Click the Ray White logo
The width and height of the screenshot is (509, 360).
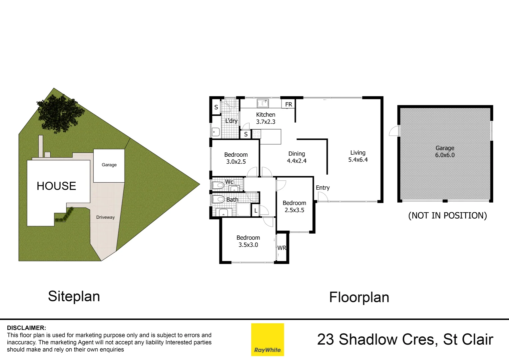point(267,339)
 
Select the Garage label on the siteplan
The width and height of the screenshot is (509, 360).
point(109,165)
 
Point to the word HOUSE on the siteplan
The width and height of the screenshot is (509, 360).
point(56,186)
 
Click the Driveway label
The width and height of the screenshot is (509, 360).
point(105,217)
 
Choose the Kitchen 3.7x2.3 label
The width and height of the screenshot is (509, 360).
point(265,118)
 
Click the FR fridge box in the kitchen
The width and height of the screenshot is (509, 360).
point(288,104)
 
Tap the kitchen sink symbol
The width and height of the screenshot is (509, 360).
point(263,103)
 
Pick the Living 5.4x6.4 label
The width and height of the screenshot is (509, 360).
point(358,156)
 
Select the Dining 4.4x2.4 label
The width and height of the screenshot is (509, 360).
point(296,157)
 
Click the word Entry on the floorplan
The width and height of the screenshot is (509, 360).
point(322,188)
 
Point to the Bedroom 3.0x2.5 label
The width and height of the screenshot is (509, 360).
point(236,158)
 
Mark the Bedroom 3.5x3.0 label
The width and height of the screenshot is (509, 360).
point(248,241)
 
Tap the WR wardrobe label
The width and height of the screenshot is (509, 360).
point(281,248)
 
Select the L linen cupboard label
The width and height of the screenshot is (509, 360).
point(255,211)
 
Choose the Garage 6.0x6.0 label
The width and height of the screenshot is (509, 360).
point(445,151)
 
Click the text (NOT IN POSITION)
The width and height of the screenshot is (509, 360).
point(447,216)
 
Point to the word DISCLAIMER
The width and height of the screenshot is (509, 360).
point(26,328)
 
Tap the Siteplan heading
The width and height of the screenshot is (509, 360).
point(74,296)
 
